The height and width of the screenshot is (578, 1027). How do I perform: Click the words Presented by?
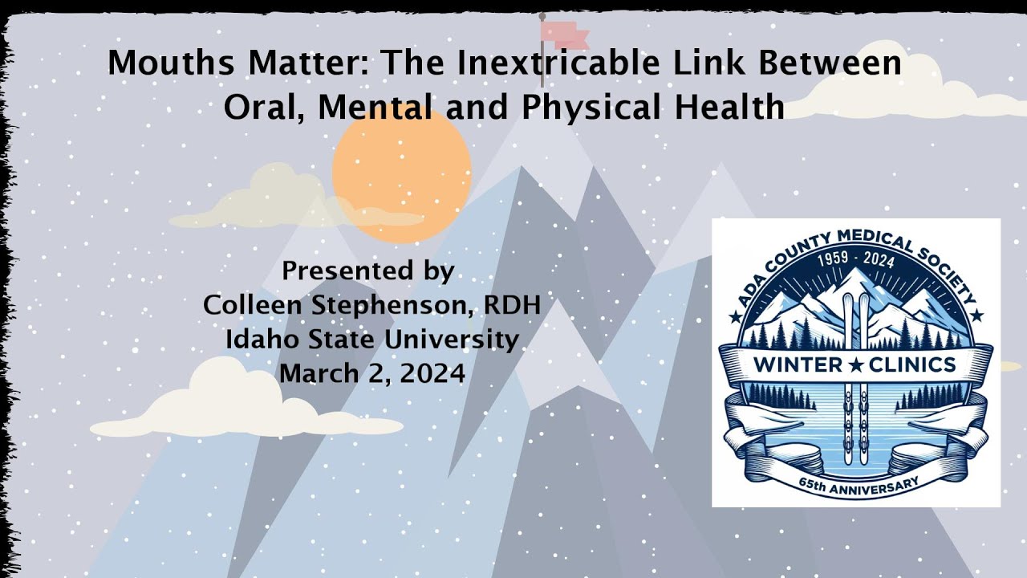click(367, 271)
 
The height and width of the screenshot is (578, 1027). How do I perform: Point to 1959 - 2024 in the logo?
click(855, 261)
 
